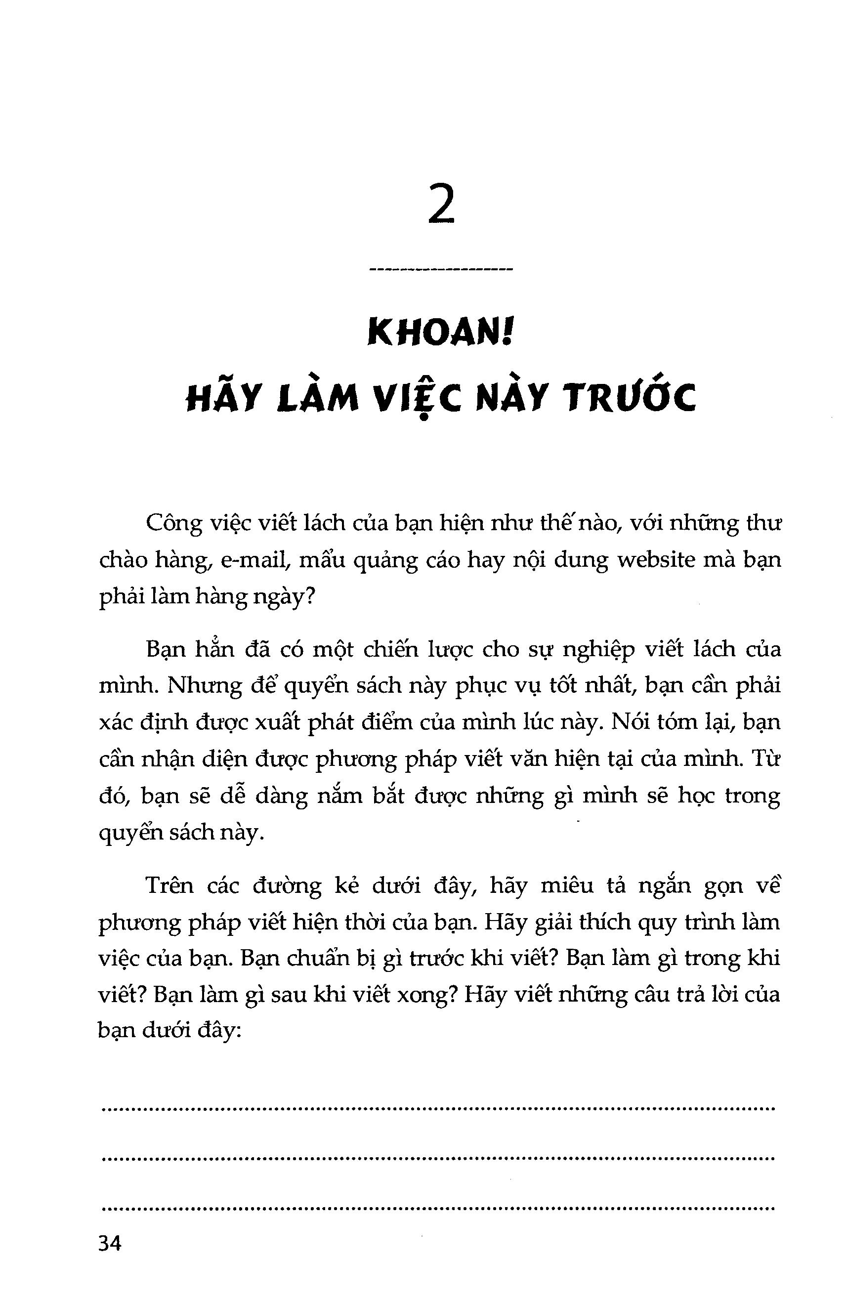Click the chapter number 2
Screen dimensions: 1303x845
pyautogui.click(x=441, y=208)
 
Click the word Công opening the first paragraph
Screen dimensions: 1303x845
pyautogui.click(x=173, y=524)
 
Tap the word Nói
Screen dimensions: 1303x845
pyautogui.click(x=617, y=723)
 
